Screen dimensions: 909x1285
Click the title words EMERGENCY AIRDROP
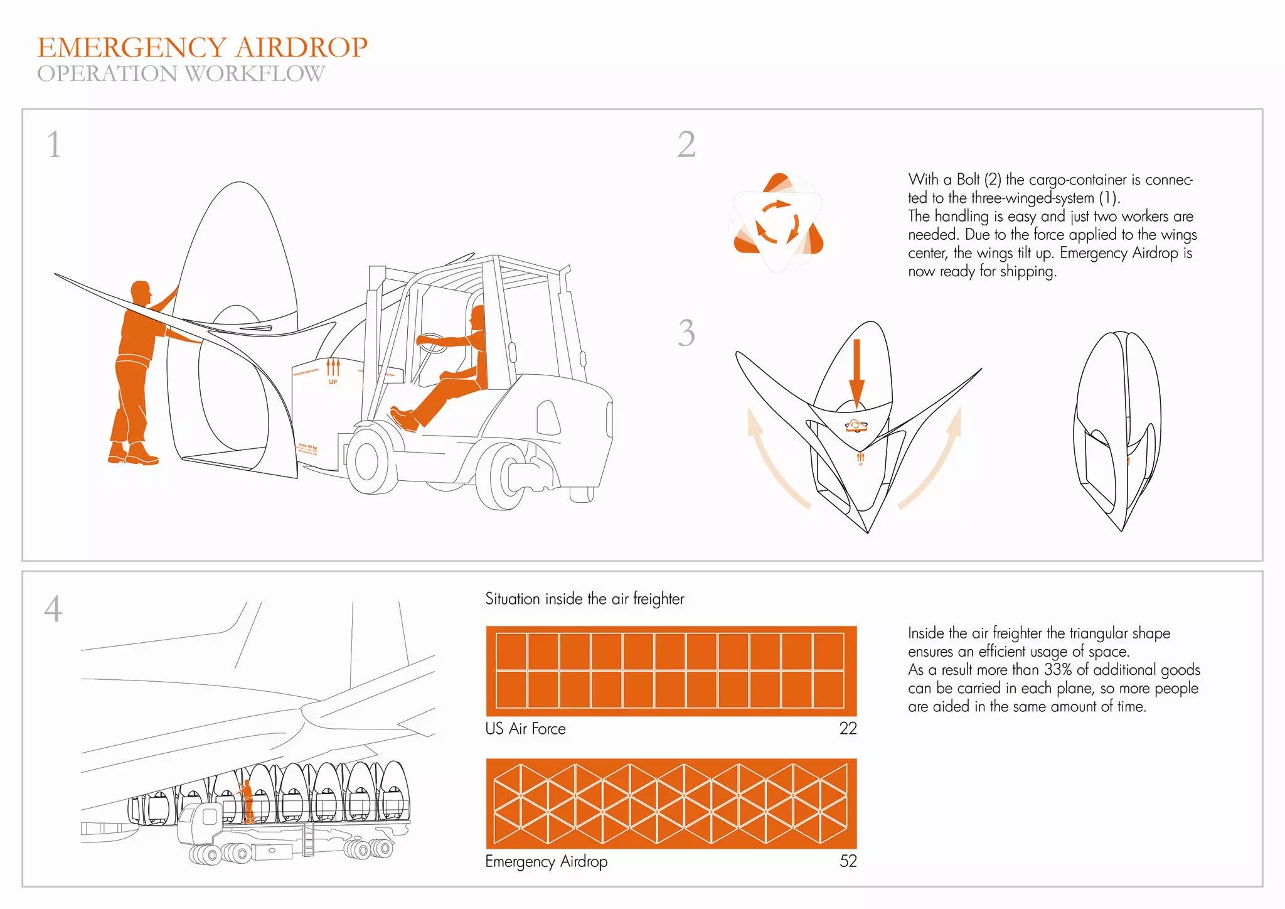pyautogui.click(x=202, y=48)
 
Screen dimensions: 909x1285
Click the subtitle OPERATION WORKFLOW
pyautogui.click(x=181, y=74)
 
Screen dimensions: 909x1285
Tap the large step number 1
pyautogui.click(x=55, y=144)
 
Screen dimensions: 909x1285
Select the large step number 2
pyautogui.click(x=686, y=144)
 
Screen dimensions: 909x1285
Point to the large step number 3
pyautogui.click(x=686, y=333)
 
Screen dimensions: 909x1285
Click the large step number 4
pyautogui.click(x=53, y=609)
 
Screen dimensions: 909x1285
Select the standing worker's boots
pyautogui.click(x=133, y=453)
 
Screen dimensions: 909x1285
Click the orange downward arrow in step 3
pyautogui.click(x=856, y=370)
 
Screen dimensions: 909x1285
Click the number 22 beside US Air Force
pyautogui.click(x=848, y=729)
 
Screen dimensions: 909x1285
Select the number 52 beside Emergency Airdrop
pyautogui.click(x=848, y=861)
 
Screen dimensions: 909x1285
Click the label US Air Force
pyautogui.click(x=525, y=729)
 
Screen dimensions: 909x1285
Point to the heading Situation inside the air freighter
pyautogui.click(x=584, y=599)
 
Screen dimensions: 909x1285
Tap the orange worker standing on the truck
pyautogui.click(x=247, y=801)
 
